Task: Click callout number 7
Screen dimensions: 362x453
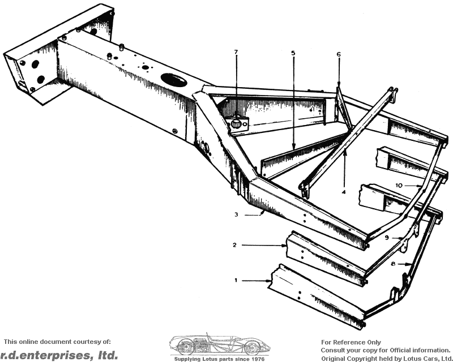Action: pos(236,52)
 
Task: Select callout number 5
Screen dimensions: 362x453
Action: pos(293,53)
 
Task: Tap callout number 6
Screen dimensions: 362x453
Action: pos(339,54)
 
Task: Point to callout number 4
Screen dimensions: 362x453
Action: pos(344,192)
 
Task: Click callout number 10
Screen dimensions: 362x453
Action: pos(399,185)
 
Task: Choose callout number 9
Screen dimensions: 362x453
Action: pos(387,238)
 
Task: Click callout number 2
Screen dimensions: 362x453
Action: pos(234,245)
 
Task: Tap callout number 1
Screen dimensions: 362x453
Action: pos(236,279)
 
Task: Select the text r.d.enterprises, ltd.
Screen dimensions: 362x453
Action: pos(59,355)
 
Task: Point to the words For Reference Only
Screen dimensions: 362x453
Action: pos(351,342)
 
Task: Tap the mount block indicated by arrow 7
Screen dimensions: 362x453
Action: pos(237,122)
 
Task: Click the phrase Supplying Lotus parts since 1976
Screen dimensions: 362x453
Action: pos(219,359)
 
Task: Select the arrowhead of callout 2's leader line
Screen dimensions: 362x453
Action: pos(287,245)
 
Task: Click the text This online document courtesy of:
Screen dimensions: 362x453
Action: pos(57,342)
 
